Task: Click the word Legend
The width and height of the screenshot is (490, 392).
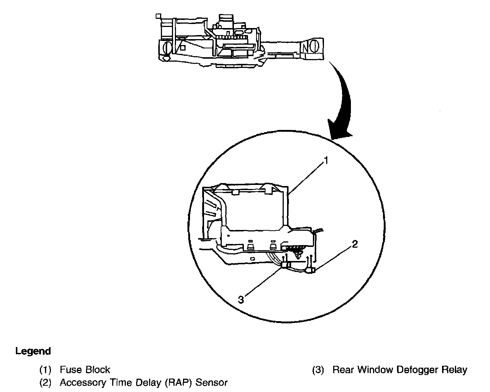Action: click(33, 351)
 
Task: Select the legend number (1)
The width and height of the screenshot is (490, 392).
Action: click(45, 369)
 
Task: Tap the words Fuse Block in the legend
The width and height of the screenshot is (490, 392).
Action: click(85, 369)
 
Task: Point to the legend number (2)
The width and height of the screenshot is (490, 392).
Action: click(45, 382)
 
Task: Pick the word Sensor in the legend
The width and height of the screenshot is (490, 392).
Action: click(211, 382)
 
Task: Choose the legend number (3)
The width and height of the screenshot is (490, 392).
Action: click(318, 369)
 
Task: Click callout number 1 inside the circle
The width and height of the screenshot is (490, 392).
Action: click(326, 161)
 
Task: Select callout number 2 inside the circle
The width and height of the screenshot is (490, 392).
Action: click(355, 244)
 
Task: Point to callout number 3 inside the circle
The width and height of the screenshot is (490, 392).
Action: click(241, 299)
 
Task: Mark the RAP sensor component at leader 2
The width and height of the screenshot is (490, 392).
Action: click(310, 271)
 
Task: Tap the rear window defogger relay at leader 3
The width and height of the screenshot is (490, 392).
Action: click(285, 265)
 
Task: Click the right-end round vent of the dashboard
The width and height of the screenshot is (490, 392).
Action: click(315, 47)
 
